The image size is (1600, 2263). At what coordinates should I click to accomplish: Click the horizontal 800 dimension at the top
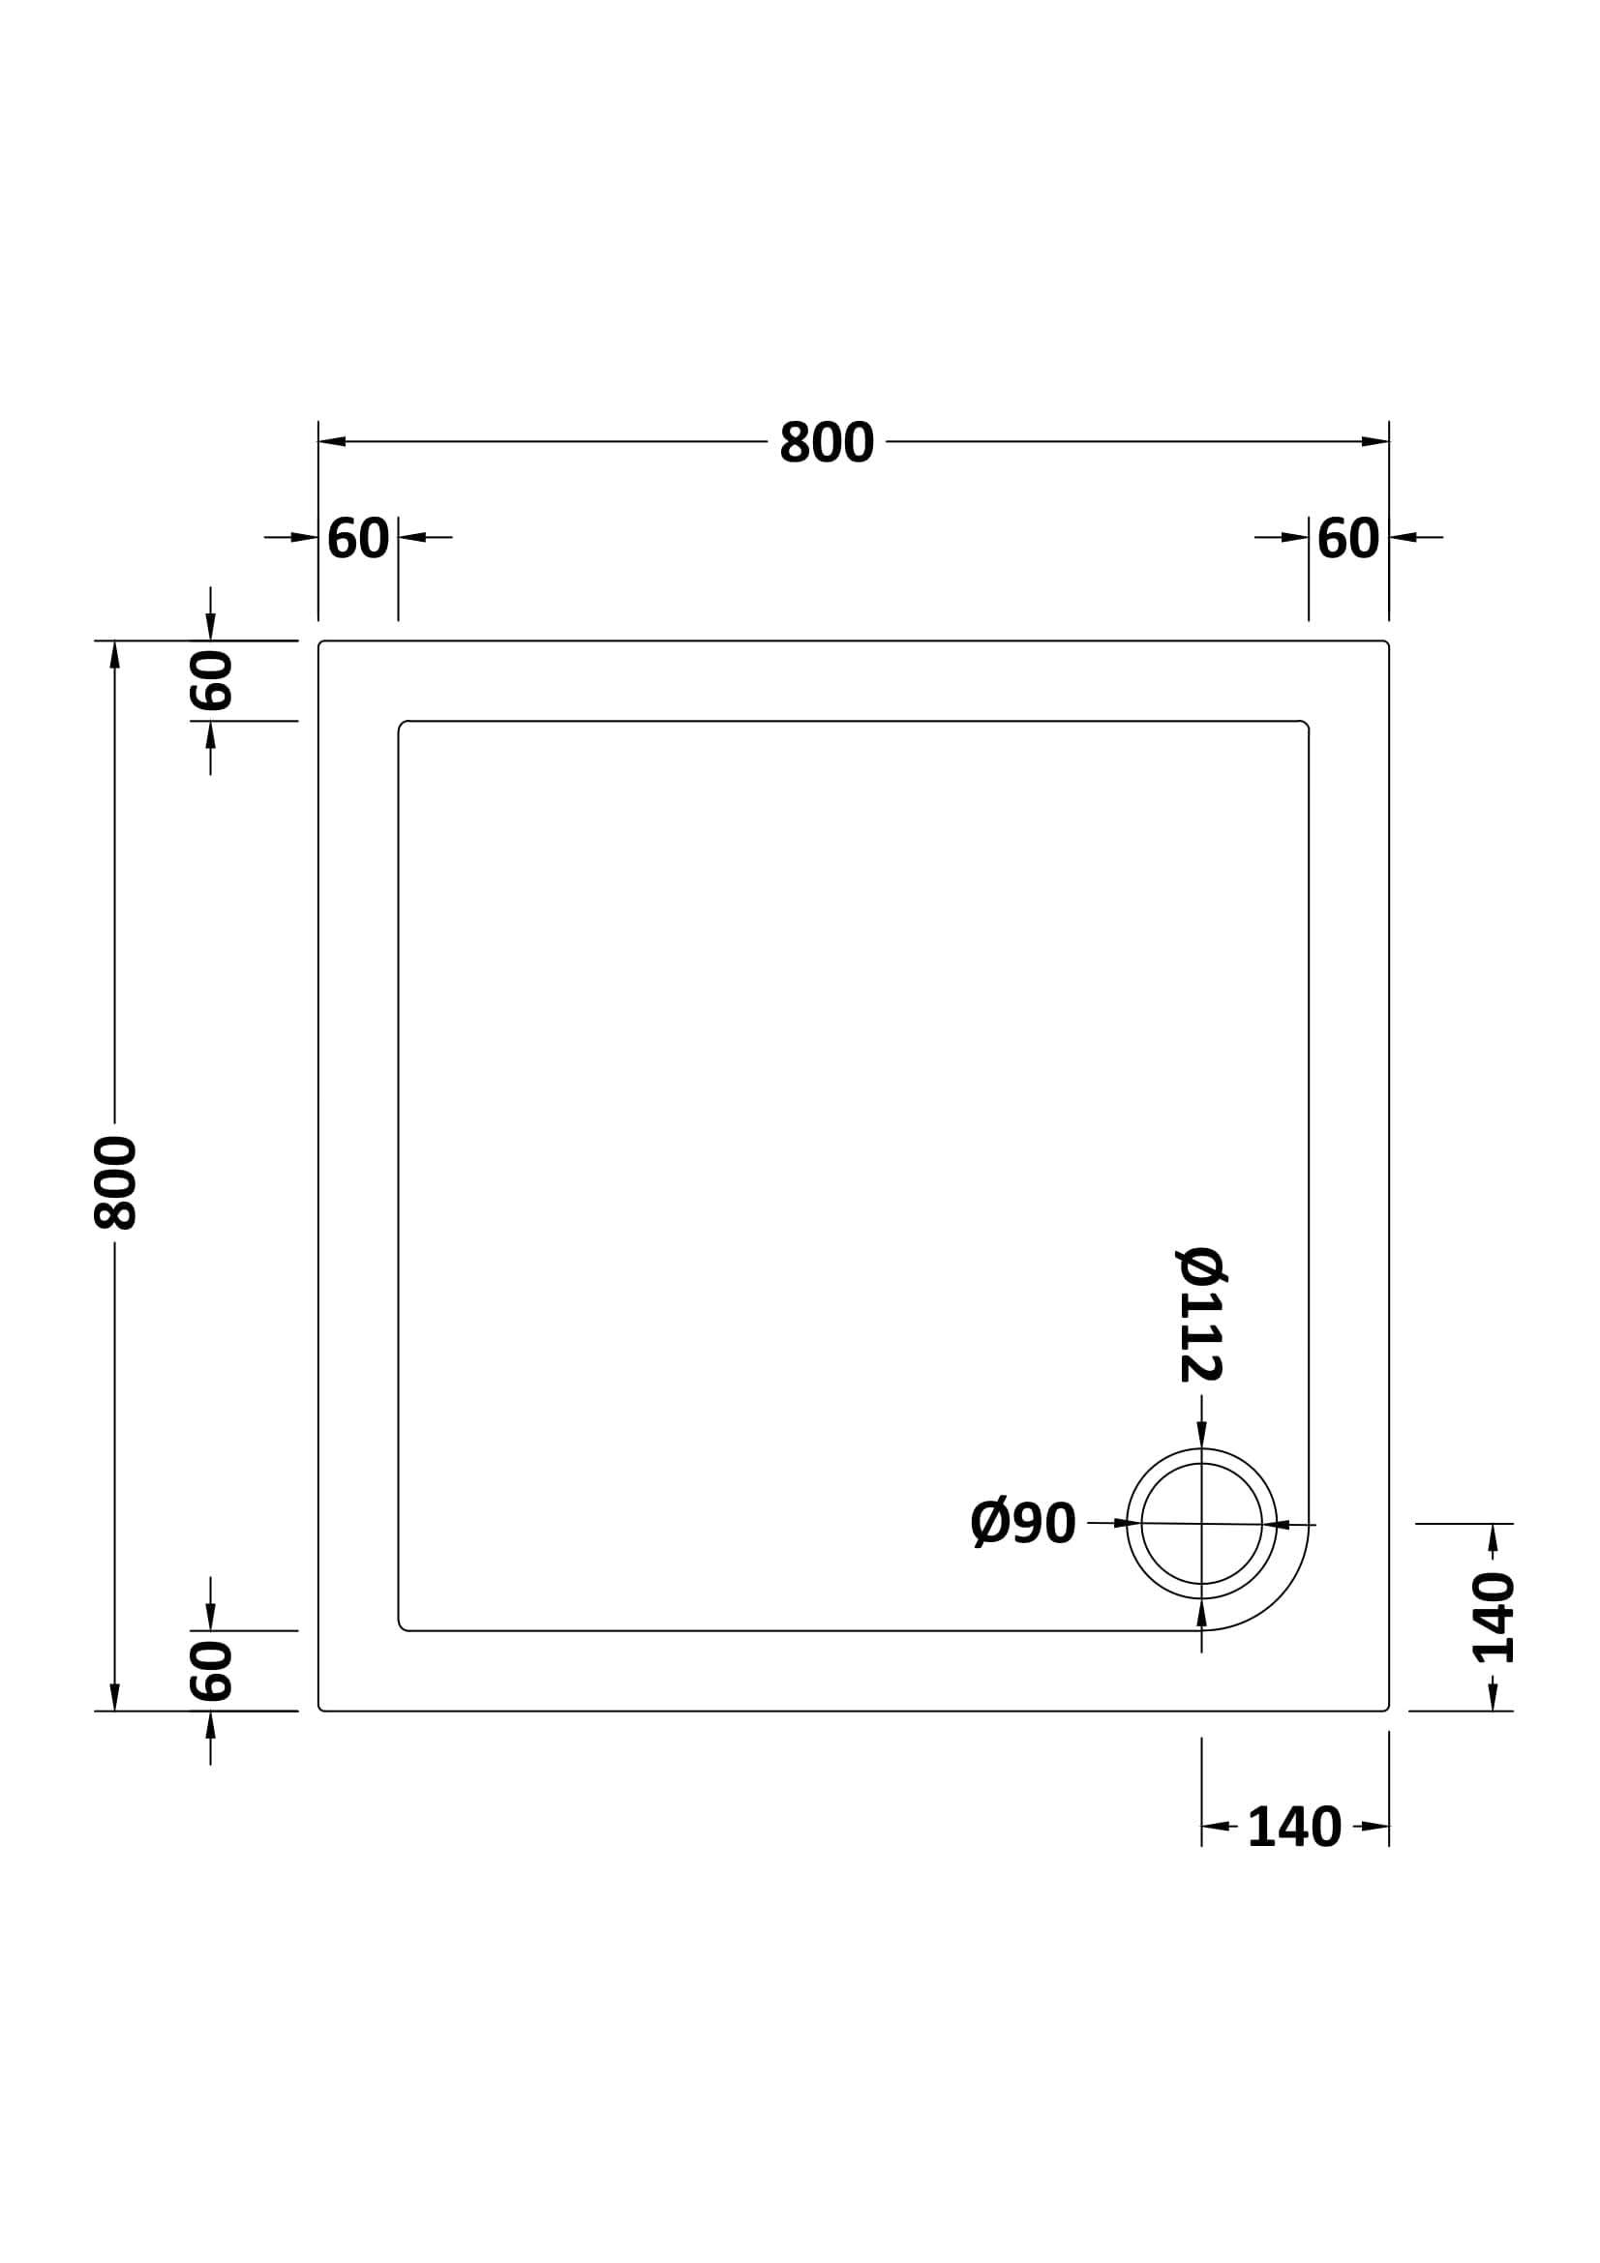click(x=826, y=441)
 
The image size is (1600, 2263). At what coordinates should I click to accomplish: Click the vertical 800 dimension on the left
click(x=114, y=1181)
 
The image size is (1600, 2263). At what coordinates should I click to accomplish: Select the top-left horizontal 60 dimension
click(x=358, y=538)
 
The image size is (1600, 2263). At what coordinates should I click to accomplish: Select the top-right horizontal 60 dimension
click(x=1347, y=538)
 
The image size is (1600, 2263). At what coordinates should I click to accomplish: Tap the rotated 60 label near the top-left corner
click(x=210, y=680)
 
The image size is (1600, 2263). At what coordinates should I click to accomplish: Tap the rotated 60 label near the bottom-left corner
click(x=210, y=1671)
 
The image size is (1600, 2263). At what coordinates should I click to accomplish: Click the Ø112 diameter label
click(x=1201, y=1315)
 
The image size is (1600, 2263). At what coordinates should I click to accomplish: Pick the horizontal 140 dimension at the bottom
click(x=1293, y=1828)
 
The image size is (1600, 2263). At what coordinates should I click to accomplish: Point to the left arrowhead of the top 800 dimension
click(x=332, y=441)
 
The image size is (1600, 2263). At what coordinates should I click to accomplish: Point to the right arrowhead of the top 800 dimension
click(x=1375, y=441)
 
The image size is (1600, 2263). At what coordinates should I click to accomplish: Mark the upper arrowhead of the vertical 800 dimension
click(x=114, y=654)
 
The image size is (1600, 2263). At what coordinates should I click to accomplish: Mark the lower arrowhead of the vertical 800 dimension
click(x=114, y=1696)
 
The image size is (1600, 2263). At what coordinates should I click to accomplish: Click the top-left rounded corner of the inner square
click(x=403, y=726)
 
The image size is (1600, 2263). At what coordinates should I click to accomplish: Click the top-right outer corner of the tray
click(x=1387, y=642)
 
